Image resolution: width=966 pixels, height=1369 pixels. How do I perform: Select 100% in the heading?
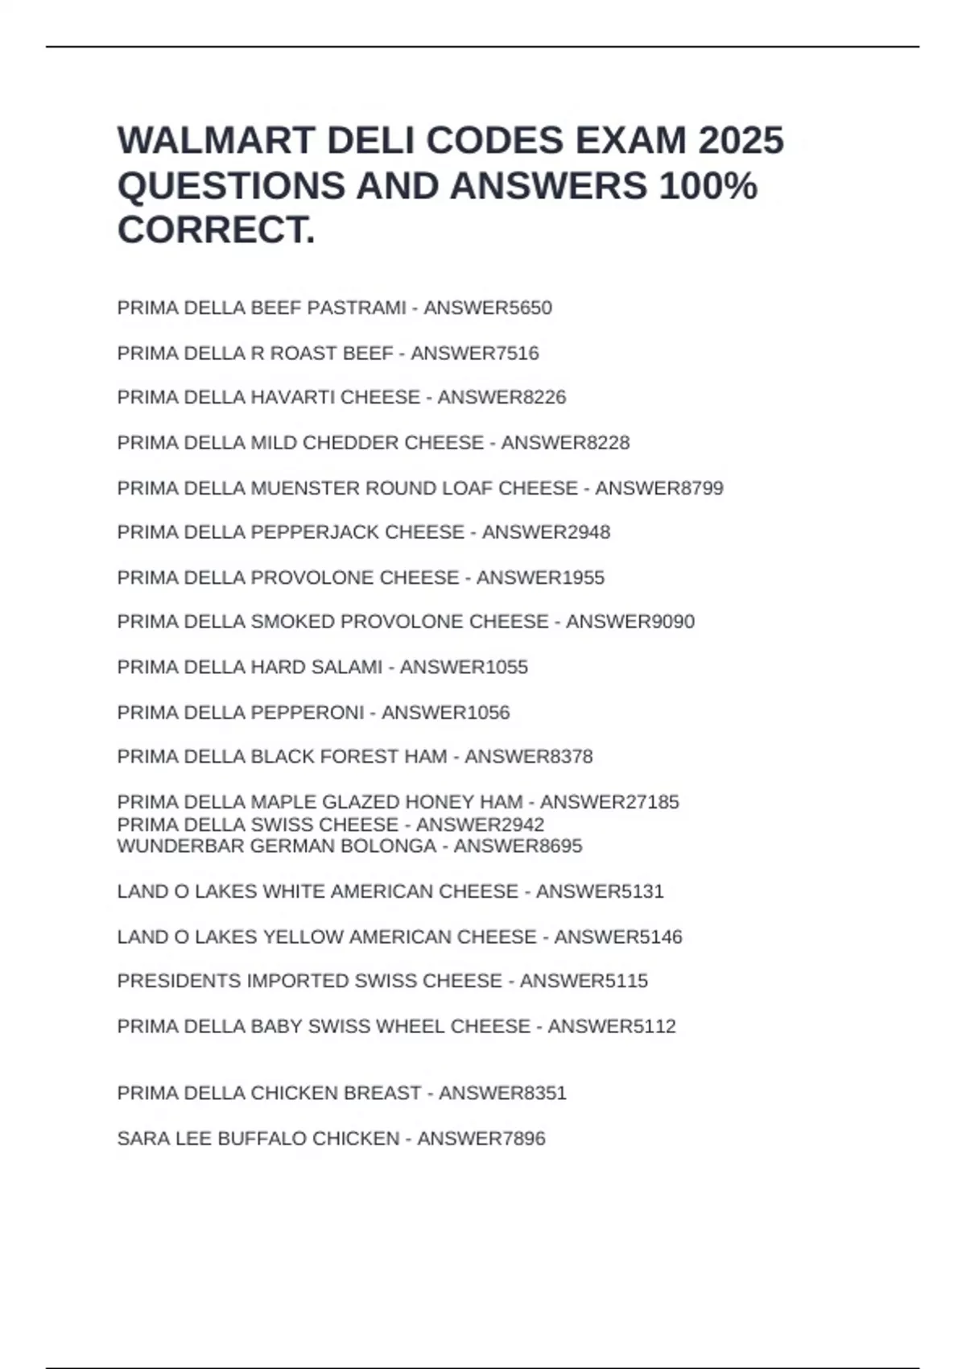coord(708,186)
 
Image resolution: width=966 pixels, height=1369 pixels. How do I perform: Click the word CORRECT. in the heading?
coord(216,230)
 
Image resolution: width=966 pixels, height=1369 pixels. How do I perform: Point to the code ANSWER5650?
coord(488,308)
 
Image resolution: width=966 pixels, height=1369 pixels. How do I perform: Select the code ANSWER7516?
coord(475,353)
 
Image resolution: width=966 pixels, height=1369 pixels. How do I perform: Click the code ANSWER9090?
coord(630,622)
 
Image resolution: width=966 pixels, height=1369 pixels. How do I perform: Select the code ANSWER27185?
coord(609,802)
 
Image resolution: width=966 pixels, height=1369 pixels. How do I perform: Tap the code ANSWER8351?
coord(503,1093)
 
